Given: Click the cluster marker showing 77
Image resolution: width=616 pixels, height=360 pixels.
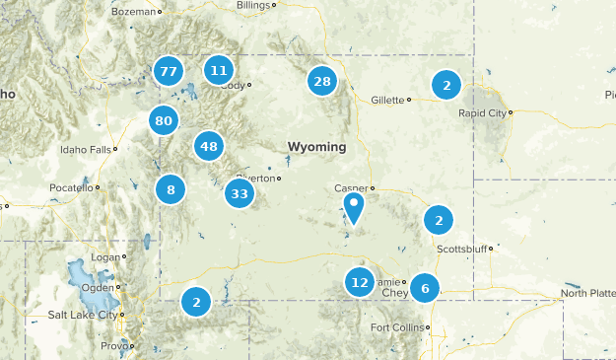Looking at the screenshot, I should [x=169, y=70].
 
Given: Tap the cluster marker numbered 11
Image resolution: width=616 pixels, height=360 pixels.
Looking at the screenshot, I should [x=218, y=70].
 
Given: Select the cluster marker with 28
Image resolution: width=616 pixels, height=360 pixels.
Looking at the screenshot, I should [x=322, y=81].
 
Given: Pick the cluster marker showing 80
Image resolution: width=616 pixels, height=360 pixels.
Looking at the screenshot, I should [x=164, y=121].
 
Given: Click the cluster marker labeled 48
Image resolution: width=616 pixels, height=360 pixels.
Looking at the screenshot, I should [x=208, y=146].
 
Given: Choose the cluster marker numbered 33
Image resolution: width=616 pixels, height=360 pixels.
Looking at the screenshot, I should [x=240, y=192].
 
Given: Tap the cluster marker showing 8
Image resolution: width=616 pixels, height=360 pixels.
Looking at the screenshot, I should [x=171, y=189].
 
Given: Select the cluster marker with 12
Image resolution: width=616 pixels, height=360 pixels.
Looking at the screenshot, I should [x=360, y=282].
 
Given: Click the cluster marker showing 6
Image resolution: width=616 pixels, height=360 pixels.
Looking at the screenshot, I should [x=425, y=288].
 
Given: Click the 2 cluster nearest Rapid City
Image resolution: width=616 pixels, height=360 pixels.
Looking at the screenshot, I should [x=446, y=85].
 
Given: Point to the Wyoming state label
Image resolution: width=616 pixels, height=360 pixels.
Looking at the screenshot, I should [x=316, y=147].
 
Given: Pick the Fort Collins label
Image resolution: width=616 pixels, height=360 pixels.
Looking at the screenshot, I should [x=396, y=327].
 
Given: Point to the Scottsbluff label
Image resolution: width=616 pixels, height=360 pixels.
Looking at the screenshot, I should [x=462, y=250].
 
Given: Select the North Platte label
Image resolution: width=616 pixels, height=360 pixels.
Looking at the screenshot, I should [x=587, y=293].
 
